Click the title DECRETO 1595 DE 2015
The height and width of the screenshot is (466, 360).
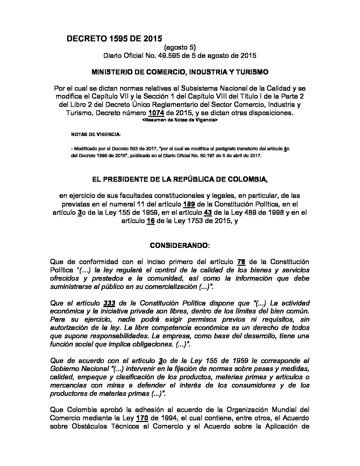coord(114,39)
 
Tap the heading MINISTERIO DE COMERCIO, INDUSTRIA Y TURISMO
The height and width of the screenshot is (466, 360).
coord(180,72)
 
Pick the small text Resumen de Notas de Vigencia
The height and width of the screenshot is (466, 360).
coord(180,121)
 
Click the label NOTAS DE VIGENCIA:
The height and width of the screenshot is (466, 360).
coord(96,135)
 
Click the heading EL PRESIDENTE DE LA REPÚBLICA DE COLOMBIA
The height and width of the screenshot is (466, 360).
coord(180,179)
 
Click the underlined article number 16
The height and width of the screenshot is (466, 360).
coord(151,221)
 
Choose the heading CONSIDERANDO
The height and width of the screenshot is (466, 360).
coord(180,246)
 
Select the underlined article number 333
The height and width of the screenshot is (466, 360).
coord(109,303)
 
